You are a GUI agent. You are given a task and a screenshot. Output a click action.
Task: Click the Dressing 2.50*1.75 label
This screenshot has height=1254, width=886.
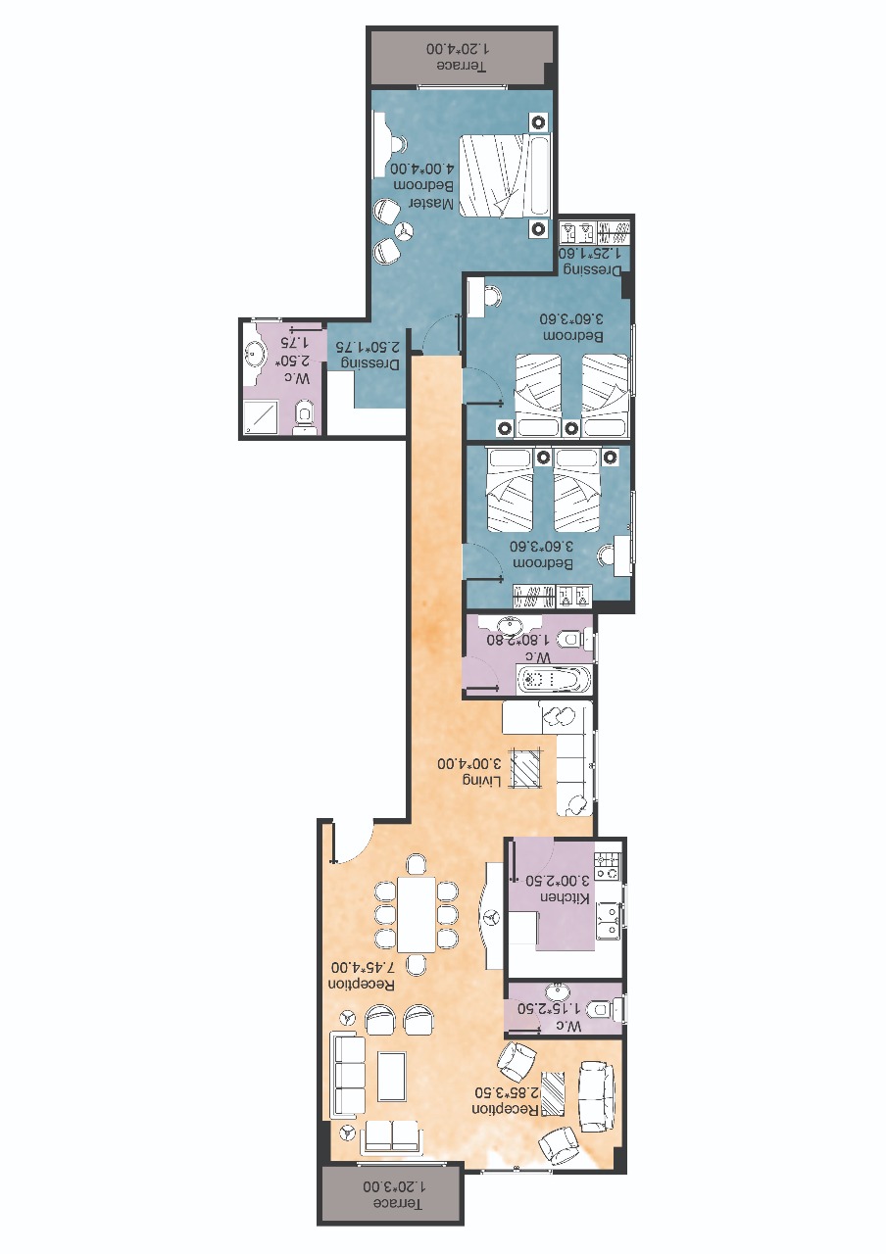click(x=368, y=355)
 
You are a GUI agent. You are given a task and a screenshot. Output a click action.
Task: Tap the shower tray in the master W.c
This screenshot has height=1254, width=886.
click(x=261, y=416)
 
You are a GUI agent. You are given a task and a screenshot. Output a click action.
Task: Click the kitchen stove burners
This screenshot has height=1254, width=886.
click(x=608, y=866)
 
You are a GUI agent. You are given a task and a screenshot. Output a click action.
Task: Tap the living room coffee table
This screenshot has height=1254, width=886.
click(x=527, y=767)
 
